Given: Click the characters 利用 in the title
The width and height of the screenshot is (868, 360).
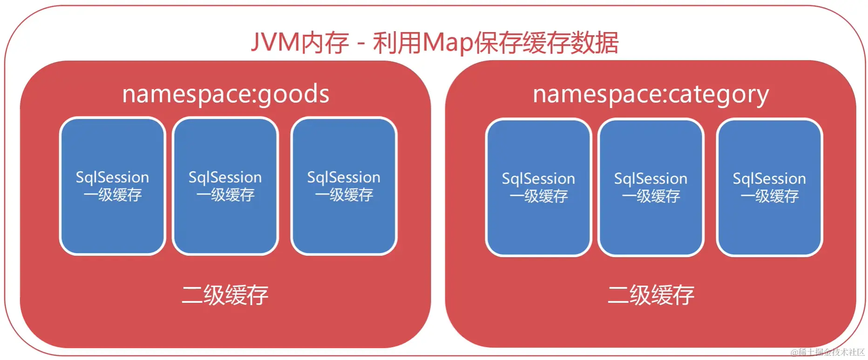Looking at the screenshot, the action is tap(396, 43).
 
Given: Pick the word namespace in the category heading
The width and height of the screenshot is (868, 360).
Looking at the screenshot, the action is tap(597, 95).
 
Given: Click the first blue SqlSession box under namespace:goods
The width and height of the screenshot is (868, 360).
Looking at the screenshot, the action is tap(113, 186).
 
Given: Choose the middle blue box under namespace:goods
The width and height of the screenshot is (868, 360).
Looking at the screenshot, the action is tap(225, 186).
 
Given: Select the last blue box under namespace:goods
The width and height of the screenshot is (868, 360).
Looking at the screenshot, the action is tap(344, 186).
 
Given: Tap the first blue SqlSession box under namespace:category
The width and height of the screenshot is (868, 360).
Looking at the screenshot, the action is tap(538, 187).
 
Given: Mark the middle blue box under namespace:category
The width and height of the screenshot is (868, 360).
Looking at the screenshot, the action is tap(651, 187).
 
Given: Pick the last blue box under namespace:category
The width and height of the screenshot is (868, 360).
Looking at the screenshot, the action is tap(769, 187).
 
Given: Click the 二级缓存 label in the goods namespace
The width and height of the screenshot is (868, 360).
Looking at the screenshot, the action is tap(225, 295).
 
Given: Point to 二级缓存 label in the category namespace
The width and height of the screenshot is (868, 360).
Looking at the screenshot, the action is tap(651, 295).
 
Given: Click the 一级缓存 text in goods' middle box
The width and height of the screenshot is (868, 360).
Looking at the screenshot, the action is tap(225, 195).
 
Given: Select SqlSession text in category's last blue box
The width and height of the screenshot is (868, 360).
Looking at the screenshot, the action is tap(769, 179).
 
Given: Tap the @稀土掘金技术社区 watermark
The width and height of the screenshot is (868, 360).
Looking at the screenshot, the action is tap(827, 353).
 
